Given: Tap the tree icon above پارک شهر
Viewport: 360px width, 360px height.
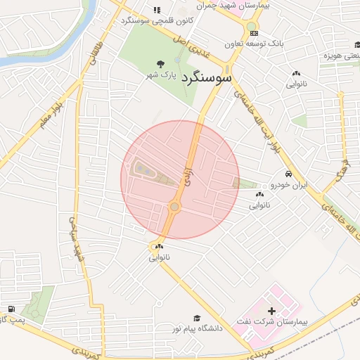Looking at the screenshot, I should click(162, 63).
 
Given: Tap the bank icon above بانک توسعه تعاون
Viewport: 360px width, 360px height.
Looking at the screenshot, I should click(254, 33).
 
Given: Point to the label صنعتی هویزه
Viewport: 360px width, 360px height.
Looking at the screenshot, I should click(342, 55).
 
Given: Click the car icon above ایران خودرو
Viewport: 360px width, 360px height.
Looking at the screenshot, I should click(289, 174).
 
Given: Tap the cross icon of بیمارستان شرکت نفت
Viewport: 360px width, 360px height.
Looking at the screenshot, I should click(271, 310).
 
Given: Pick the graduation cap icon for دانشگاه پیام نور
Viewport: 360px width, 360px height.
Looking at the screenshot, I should click(197, 318).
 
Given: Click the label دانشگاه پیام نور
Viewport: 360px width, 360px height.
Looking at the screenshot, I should click(198, 328).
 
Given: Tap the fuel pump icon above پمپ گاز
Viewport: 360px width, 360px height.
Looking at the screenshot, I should click(11, 309).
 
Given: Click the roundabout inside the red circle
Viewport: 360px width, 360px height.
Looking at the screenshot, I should click(174, 207).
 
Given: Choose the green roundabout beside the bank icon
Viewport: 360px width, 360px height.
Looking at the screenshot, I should click(250, 27).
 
